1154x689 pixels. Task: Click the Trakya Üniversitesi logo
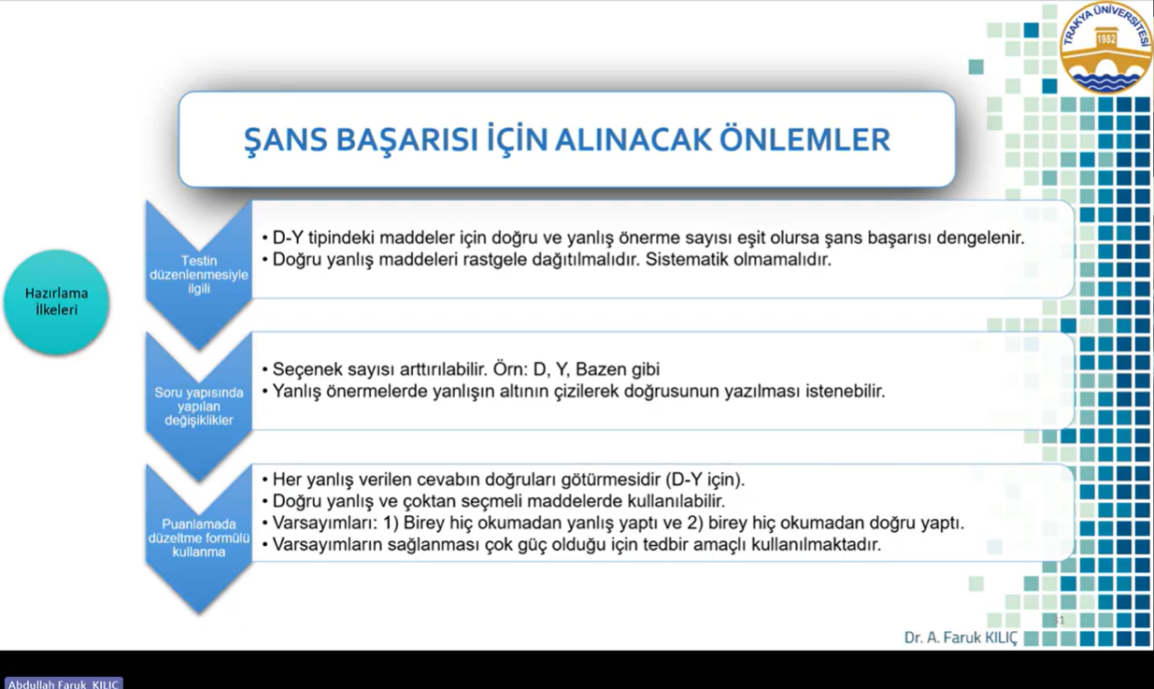pyautogui.click(x=1106, y=48)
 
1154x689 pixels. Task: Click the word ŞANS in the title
pyautogui.click(x=285, y=139)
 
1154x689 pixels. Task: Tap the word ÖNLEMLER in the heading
pyautogui.click(x=805, y=139)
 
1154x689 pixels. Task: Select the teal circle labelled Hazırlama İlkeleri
pyautogui.click(x=56, y=302)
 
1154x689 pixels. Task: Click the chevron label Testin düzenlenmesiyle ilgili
pyautogui.click(x=199, y=275)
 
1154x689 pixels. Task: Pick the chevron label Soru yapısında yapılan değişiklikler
pyautogui.click(x=199, y=406)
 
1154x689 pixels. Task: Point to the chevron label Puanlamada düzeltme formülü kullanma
pyautogui.click(x=199, y=538)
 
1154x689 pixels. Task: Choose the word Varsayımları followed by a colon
pyautogui.click(x=325, y=524)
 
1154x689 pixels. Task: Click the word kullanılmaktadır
pyautogui.click(x=816, y=545)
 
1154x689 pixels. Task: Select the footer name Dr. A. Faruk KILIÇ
pyautogui.click(x=961, y=638)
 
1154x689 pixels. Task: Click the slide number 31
pyautogui.click(x=1059, y=620)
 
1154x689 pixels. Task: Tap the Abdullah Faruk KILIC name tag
pyautogui.click(x=64, y=683)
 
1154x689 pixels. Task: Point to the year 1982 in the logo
pyautogui.click(x=1105, y=39)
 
